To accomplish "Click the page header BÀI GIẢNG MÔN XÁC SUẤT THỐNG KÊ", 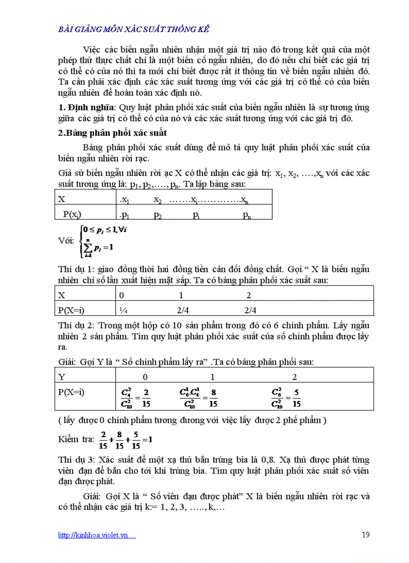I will tap(134, 29).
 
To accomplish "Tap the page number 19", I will tap(365, 534).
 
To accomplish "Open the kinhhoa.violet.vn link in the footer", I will tap(97, 535).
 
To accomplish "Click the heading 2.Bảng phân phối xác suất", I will tap(113, 133).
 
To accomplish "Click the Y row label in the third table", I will tap(62, 377).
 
